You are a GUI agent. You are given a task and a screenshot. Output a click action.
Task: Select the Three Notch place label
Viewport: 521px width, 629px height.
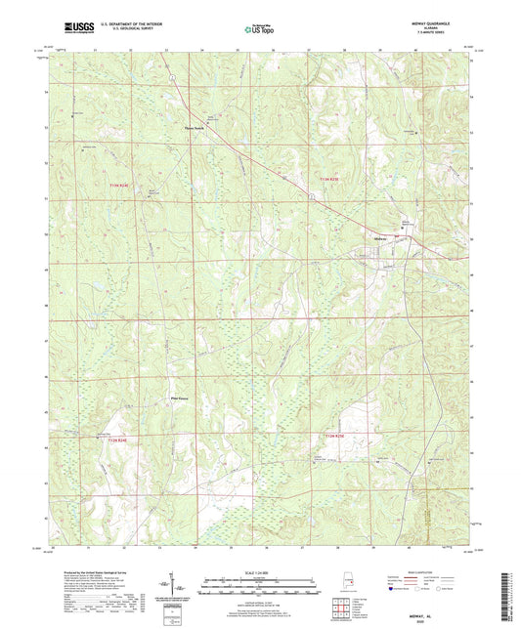[x=197, y=126]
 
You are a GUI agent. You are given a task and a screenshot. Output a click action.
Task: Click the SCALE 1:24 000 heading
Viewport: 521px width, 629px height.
[x=260, y=572]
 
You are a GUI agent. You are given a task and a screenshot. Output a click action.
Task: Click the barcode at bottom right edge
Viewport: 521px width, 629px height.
[x=512, y=585]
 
